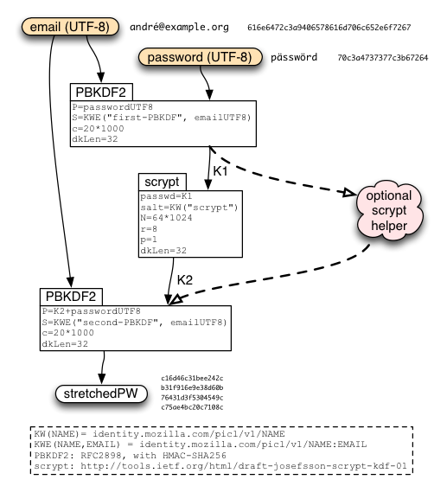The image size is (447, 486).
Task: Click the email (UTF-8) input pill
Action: coord(70,27)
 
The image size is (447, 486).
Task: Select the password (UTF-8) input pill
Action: coord(200,57)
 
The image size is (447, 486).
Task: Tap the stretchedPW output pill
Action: coord(101,393)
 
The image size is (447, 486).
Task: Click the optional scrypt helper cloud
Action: coord(389,211)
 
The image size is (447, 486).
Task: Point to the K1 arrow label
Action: coord(220,171)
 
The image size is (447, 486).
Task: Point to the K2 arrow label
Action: coord(185,280)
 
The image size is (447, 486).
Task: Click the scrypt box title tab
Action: coord(163,182)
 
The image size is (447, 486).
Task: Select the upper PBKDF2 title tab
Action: coord(101,92)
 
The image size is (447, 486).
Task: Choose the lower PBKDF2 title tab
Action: coord(71,297)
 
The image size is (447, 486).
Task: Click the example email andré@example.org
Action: coord(179,28)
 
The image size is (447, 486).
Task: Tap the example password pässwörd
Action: coord(294,57)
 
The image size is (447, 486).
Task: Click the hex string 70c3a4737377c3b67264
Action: coord(382,58)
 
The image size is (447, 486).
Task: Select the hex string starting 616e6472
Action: coord(329,28)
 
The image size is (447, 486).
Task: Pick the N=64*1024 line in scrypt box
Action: coord(166,218)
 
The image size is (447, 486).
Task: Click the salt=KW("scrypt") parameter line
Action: coord(189,207)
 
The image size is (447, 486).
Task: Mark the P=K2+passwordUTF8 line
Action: coord(92,311)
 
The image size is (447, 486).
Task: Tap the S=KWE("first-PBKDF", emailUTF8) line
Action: coord(162,118)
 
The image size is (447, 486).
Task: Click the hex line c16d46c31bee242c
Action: coord(192,378)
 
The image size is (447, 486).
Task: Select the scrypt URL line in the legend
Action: coord(220,466)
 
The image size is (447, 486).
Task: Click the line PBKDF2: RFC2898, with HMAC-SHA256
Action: coord(131,456)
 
